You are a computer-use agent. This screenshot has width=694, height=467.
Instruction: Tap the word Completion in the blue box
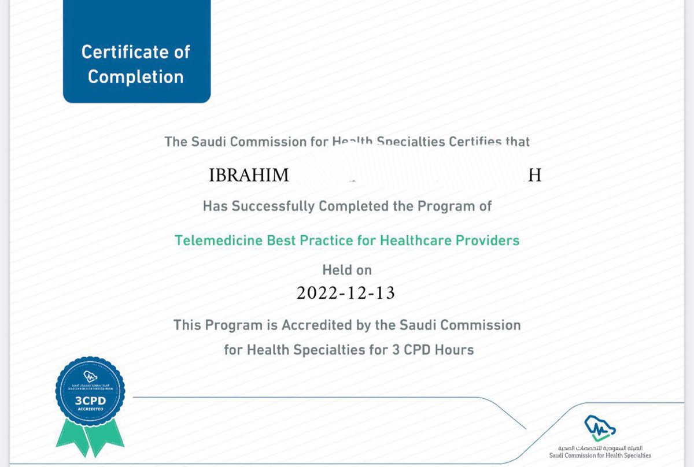pyautogui.click(x=136, y=77)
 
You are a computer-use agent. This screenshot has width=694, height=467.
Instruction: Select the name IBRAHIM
pyautogui.click(x=249, y=176)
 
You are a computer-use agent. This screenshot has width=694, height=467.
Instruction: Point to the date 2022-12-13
pyautogui.click(x=346, y=293)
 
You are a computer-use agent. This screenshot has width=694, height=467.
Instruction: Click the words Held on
pyautogui.click(x=347, y=270)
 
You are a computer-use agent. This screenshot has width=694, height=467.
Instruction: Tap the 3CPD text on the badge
pyautogui.click(x=90, y=399)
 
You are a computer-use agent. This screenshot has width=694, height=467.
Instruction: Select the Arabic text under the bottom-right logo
pyautogui.click(x=604, y=448)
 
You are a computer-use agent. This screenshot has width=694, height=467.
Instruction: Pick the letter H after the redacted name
pyautogui.click(x=535, y=176)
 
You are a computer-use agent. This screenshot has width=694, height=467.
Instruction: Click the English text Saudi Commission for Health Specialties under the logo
pyautogui.click(x=604, y=455)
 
